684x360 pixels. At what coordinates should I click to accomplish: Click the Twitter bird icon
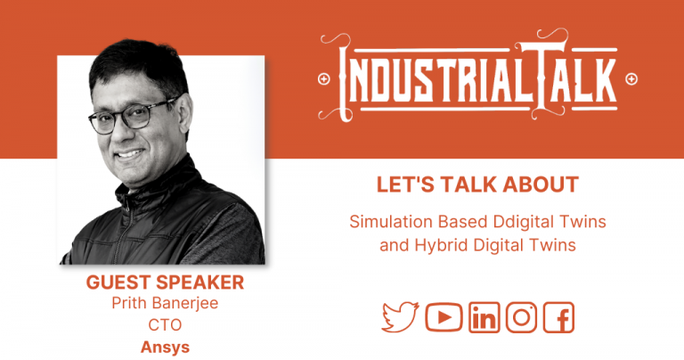[x=400, y=317]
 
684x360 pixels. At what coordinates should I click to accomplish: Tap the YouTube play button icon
[x=443, y=317]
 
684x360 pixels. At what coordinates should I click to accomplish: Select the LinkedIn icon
[x=484, y=317]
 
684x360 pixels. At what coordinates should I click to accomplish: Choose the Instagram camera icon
[x=521, y=317]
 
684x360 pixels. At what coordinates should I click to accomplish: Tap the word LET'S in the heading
[x=404, y=184]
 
